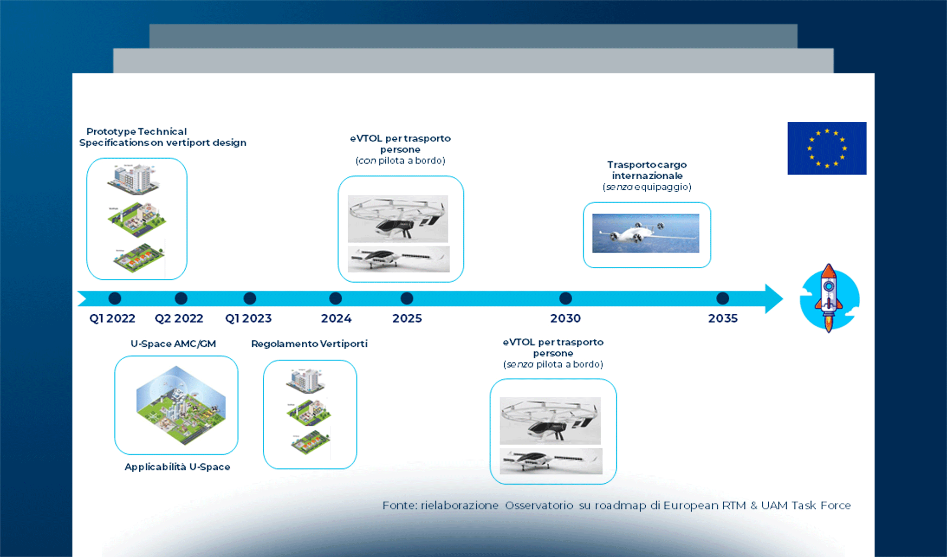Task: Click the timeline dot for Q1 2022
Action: coord(115,298)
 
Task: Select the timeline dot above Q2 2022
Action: coord(181,298)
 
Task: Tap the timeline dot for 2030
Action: coord(565,298)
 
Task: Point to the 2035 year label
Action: coord(722,318)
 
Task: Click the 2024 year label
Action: coord(336,318)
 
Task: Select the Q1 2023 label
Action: coord(248,318)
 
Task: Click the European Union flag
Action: coord(826,148)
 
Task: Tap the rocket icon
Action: coord(829,298)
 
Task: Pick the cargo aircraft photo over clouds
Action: coord(645,233)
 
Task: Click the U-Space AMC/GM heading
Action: coord(173,344)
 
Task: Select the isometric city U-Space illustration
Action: coord(181,404)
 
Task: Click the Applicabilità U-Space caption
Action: coord(177,467)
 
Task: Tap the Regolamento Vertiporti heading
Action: coord(309,344)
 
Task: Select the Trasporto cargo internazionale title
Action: coord(647,170)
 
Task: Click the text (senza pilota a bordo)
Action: coord(553,364)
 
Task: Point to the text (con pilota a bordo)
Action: coord(400,161)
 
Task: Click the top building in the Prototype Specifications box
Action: coord(133,179)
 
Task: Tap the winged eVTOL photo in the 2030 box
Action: coord(551,461)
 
